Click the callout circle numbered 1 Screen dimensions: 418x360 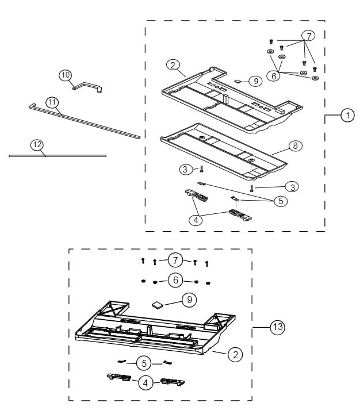click(x=347, y=115)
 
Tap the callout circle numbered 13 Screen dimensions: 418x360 click(x=277, y=327)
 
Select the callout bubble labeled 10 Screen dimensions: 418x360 click(x=65, y=75)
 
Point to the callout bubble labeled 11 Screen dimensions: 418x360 click(x=52, y=102)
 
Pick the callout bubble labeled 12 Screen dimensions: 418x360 click(x=37, y=145)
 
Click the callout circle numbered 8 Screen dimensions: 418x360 click(x=294, y=145)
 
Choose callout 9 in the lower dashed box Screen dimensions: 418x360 click(x=187, y=299)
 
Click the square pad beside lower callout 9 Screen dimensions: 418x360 click(x=157, y=304)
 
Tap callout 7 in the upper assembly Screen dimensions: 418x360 click(x=308, y=36)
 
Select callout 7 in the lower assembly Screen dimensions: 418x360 click(x=175, y=260)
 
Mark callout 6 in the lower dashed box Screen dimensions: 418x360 click(x=175, y=280)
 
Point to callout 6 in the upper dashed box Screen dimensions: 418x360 click(x=275, y=75)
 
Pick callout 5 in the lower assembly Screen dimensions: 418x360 click(x=144, y=363)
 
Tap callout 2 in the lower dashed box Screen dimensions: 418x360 click(x=234, y=355)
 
